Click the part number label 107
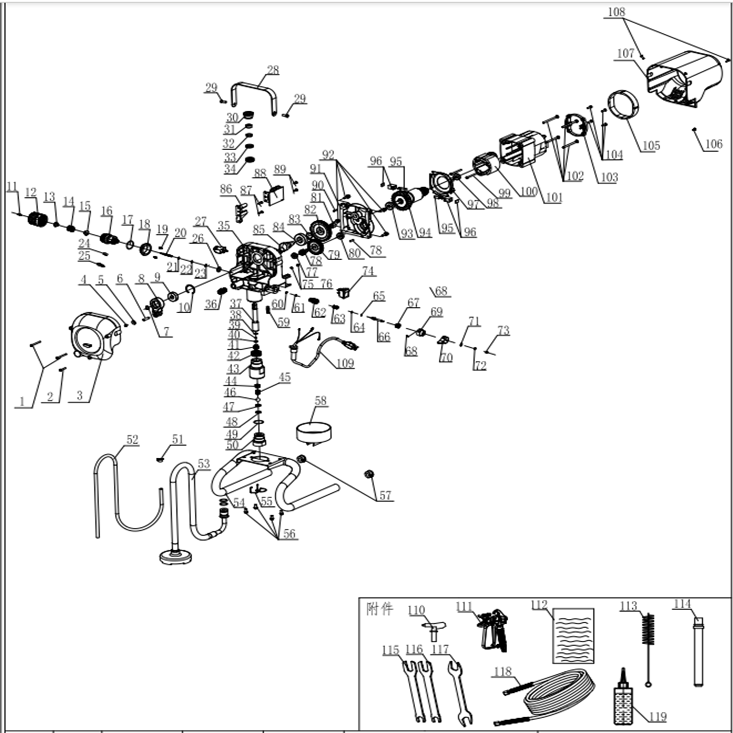[x=626, y=54]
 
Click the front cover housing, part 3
[x=95, y=336]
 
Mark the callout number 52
[x=132, y=439]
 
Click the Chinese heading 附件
[x=380, y=609]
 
